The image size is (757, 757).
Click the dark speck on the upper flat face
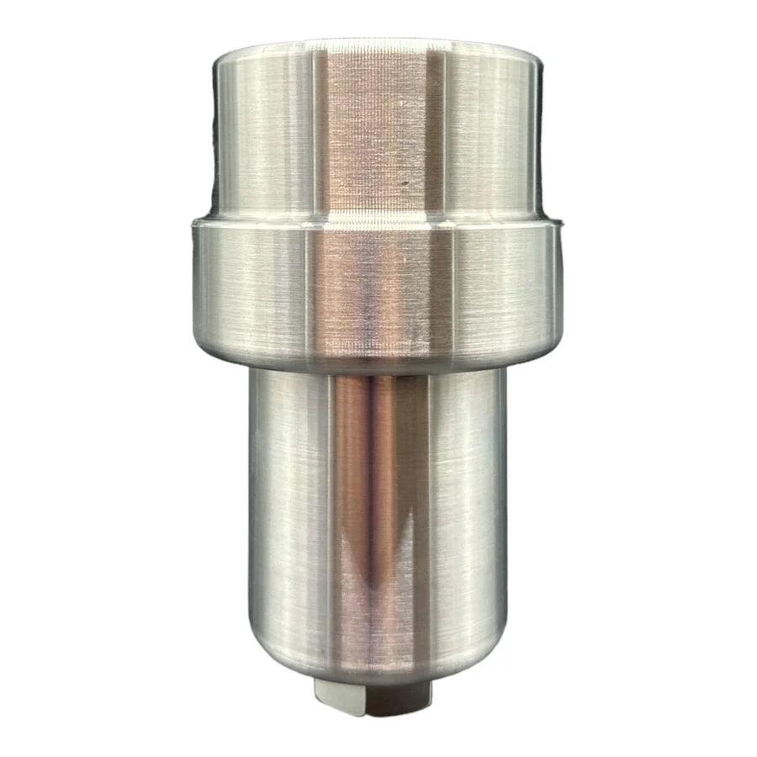405,180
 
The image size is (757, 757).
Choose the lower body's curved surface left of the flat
290,505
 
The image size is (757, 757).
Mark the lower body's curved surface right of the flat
467,505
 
